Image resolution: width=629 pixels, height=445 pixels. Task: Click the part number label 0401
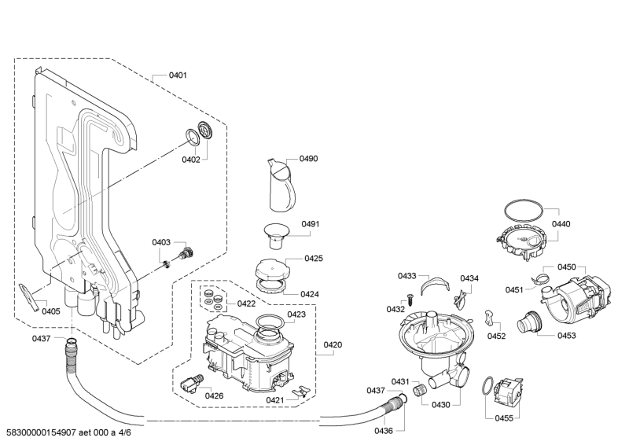178,75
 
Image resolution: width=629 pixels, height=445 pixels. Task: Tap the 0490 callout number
308,159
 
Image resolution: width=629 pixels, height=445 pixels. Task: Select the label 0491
311,224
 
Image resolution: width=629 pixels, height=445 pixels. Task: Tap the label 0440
561,223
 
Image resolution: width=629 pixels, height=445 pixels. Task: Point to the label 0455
504,418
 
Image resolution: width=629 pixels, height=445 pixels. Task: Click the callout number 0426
214,395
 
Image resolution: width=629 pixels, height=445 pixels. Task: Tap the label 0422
246,303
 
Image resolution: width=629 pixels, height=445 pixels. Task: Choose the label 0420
333,344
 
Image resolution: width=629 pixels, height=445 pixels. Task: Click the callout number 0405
50,311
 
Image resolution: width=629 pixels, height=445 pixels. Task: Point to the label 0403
162,242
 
